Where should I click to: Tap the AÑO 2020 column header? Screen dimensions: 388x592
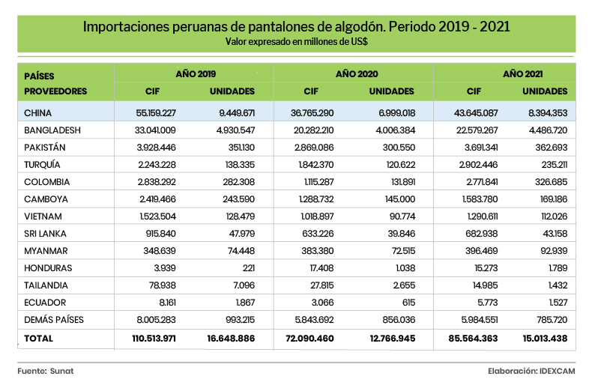pos(354,75)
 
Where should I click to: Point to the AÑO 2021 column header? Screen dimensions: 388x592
pos(522,75)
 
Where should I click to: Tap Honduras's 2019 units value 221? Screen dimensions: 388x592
pos(247,267)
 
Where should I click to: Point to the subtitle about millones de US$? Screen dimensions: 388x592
pos(296,42)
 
